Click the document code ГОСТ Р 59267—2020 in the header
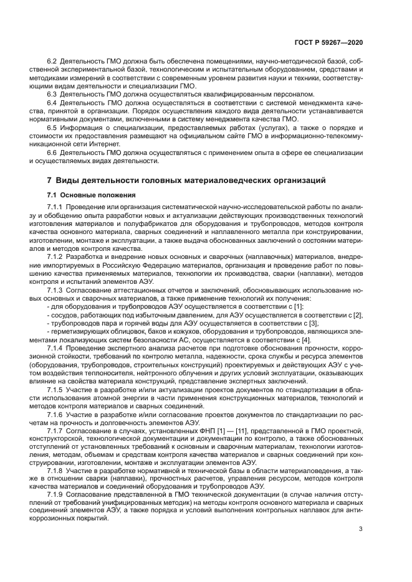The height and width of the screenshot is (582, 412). (332, 42)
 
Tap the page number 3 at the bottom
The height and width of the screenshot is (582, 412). (361, 530)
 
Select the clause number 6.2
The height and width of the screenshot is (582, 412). (53, 61)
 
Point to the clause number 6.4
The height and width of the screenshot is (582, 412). (53, 102)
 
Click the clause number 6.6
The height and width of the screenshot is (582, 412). (53, 152)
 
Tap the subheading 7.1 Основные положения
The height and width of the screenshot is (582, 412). (84, 195)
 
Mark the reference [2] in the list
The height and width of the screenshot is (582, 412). (358, 315)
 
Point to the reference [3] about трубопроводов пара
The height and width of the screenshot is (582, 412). (314, 323)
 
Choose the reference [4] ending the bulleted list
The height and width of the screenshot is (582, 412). (306, 340)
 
